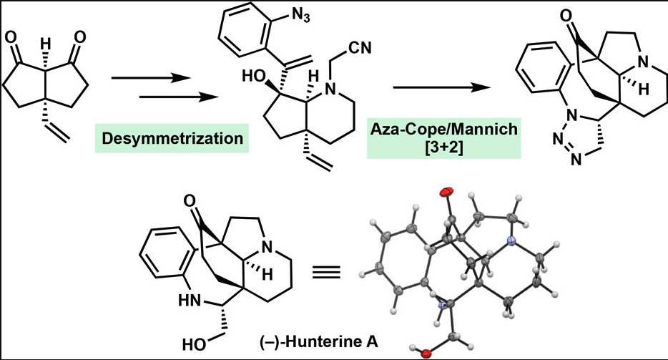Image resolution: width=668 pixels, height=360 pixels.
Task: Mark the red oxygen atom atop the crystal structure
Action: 447,192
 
